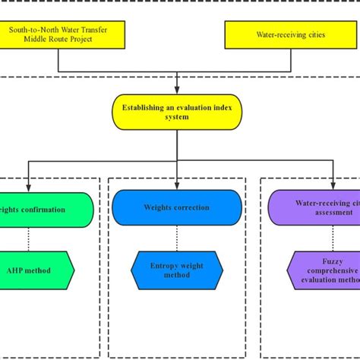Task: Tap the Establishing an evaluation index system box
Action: (x=177, y=112)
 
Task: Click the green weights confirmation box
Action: (x=46, y=209)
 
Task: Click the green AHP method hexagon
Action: (x=36, y=270)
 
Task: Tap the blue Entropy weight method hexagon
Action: (x=175, y=270)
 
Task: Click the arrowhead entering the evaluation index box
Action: (x=177, y=90)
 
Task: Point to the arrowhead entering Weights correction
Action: (x=177, y=185)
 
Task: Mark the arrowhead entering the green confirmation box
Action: (x=28, y=188)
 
